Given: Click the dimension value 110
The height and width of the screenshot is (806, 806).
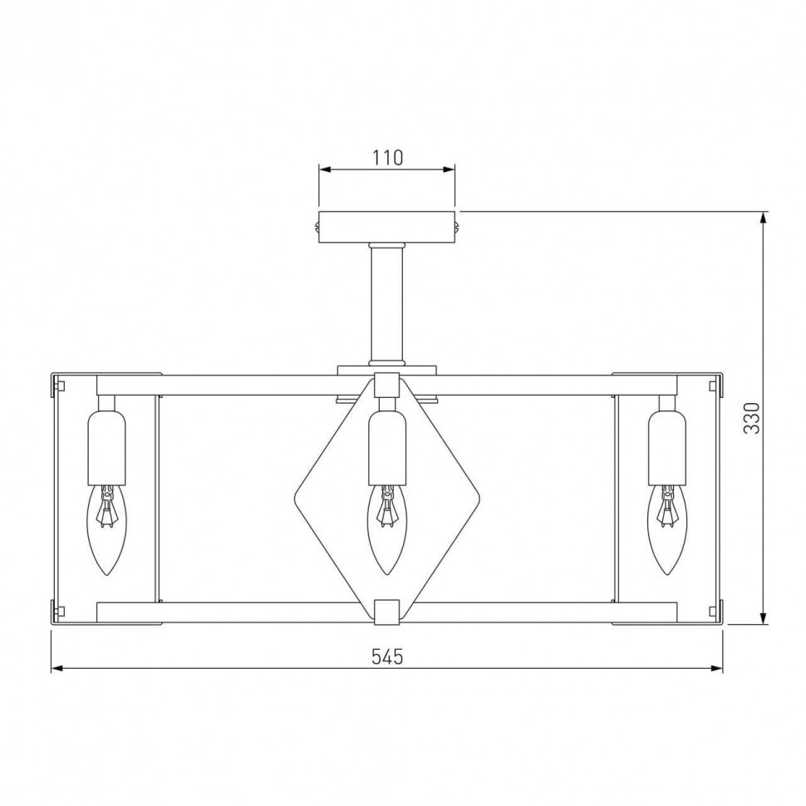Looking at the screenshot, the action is click(387, 157).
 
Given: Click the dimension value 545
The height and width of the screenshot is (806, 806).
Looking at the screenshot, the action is click(387, 656).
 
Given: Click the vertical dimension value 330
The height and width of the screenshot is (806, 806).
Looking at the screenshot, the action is click(751, 417).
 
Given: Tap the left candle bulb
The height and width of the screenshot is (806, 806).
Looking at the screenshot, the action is click(107, 529).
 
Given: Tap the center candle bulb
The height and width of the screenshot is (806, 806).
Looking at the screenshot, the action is click(387, 529).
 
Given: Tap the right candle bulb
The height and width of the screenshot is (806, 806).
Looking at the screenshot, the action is click(667, 529).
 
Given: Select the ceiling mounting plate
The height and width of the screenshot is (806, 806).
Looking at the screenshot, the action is click(387, 227).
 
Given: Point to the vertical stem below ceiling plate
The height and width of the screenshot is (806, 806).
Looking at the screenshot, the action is click(387, 303).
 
